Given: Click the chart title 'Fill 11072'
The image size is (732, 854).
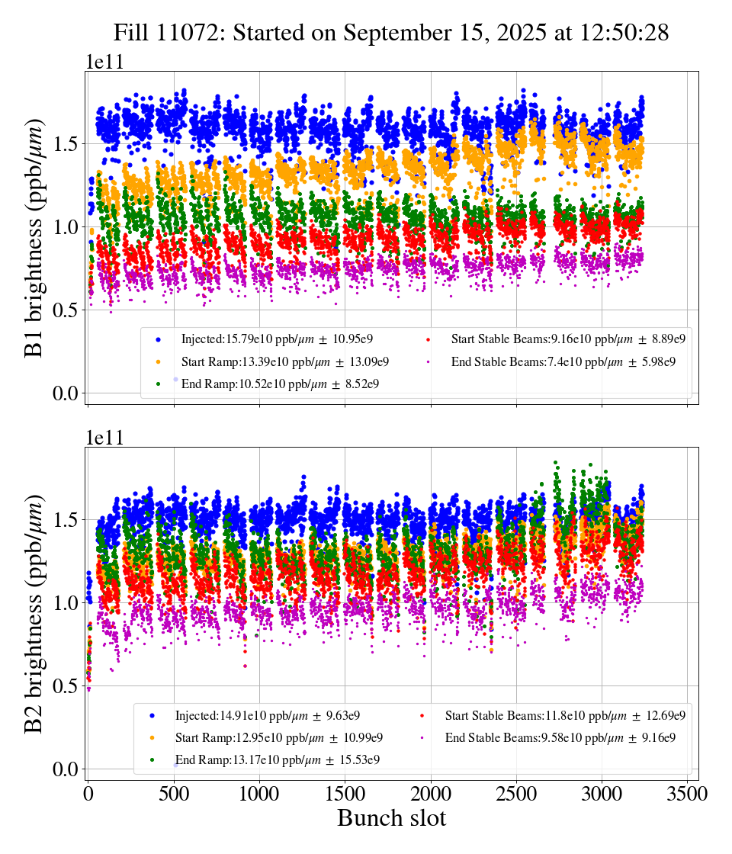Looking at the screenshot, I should coord(390,33).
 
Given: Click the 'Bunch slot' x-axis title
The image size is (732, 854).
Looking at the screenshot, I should coord(391,818).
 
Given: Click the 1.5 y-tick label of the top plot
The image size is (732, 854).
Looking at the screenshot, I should coord(66,144).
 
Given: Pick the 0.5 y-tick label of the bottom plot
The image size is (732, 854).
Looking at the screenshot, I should coord(66,686).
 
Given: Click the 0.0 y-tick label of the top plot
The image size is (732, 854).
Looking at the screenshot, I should coord(66,393).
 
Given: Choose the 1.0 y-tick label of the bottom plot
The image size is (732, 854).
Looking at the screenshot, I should coord(66,603).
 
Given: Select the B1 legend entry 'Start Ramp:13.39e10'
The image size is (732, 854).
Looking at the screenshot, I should coord(284,361).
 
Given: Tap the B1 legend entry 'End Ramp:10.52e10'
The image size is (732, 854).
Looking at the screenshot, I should coord(280,384).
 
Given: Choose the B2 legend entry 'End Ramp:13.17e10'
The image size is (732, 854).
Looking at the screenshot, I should coord(278,759).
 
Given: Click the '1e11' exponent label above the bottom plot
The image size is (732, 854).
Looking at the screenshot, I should coord(104,438).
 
